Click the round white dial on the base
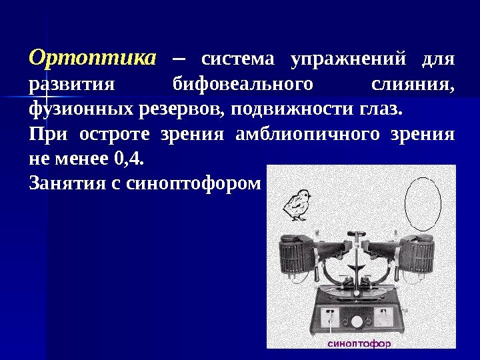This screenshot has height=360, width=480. point(357,321)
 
